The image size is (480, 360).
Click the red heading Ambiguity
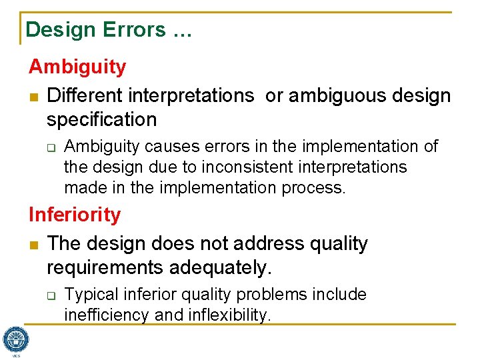[77, 67]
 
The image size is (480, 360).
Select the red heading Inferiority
[75, 215]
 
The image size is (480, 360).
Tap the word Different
[84, 96]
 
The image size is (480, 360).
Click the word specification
[101, 120]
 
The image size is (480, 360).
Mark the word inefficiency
[107, 315]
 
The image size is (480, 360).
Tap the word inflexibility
[227, 315]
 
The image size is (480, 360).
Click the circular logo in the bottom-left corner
[15, 339]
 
